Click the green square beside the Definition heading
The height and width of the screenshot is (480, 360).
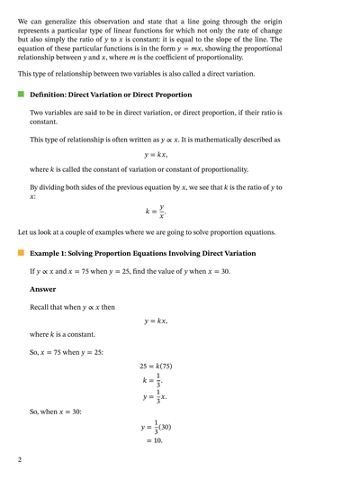pos(20,94)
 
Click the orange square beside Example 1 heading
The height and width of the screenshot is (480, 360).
pos(20,253)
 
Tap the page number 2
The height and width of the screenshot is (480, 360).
pos(19,459)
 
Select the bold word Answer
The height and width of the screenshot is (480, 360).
pos(42,289)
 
